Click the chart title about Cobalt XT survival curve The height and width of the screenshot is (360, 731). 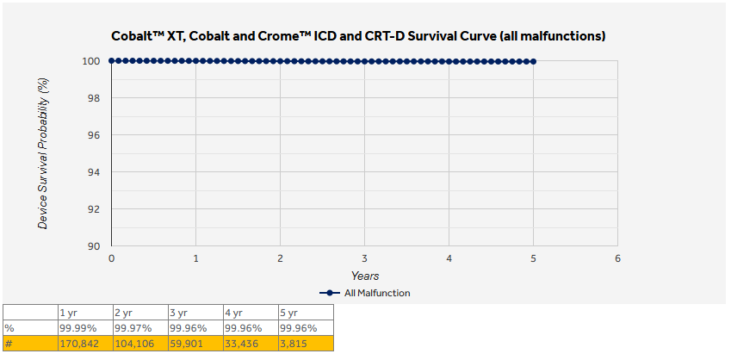(364, 37)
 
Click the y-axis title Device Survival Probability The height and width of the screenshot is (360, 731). (43, 153)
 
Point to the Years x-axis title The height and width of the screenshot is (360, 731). (364, 276)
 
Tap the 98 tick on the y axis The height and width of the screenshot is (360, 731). (96, 98)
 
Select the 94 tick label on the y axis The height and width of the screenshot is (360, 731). (96, 172)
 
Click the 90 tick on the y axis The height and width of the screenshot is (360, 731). (96, 246)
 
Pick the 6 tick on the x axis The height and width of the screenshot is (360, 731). (617, 258)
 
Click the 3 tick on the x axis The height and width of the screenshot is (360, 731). (364, 258)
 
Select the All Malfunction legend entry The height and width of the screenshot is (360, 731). (365, 293)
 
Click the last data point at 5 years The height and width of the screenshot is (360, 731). (534, 61)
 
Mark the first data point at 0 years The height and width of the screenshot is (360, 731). (112, 61)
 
